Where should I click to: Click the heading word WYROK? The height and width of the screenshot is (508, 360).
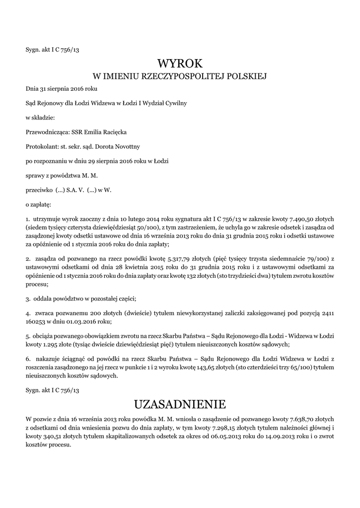pyautogui.click(x=180, y=63)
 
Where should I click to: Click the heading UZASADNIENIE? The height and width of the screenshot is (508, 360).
pyautogui.click(x=180, y=402)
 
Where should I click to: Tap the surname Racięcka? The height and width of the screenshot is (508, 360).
pyautogui.click(x=113, y=132)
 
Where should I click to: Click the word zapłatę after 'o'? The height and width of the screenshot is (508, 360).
pyautogui.click(x=41, y=203)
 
